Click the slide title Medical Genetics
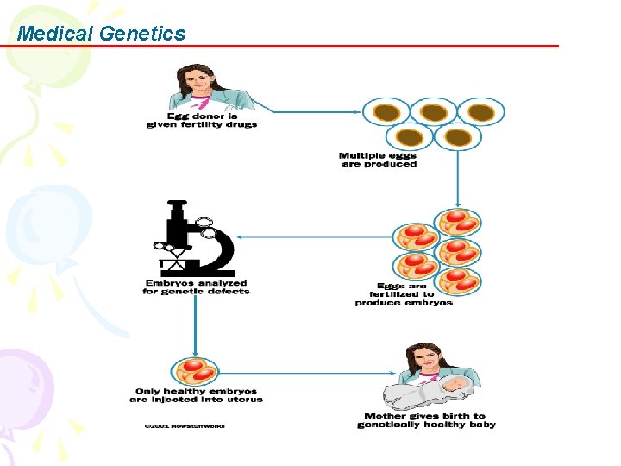pyautogui.click(x=101, y=34)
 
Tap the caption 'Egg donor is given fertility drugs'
pyautogui.click(x=201, y=120)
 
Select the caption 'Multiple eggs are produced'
pyautogui.click(x=378, y=160)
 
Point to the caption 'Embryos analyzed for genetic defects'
pyautogui.click(x=196, y=287)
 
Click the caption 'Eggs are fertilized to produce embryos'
pyautogui.click(x=403, y=294)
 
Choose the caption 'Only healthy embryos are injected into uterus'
pyautogui.click(x=196, y=394)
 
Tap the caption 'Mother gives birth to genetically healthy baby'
pyautogui.click(x=426, y=420)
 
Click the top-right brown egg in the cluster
pyautogui.click(x=480, y=112)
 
